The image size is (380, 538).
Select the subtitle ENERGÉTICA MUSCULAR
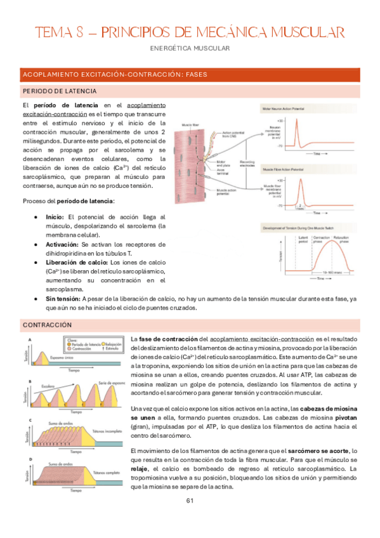coord(190,48)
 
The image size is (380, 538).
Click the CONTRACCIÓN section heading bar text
coord(47,324)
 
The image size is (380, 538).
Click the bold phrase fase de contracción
coord(168,339)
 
